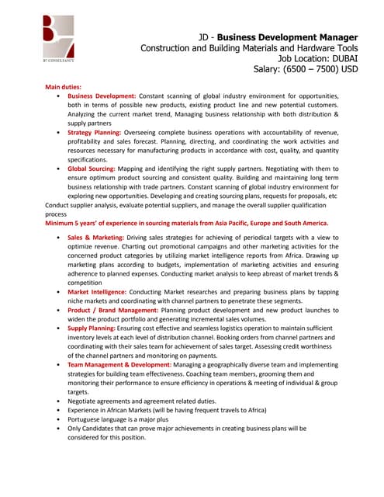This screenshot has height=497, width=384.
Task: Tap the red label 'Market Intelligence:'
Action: point(97,291)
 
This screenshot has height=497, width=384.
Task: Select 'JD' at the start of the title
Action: point(206,36)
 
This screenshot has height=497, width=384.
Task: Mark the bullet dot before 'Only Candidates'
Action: point(60,428)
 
